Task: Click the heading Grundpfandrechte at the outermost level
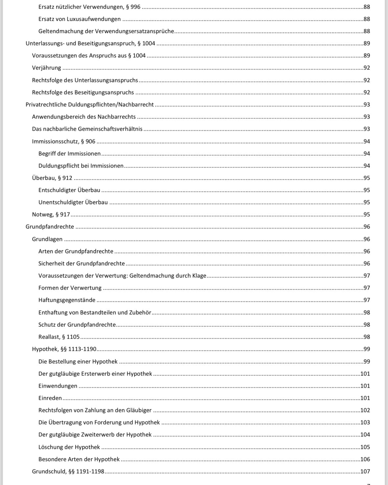(x=50, y=227)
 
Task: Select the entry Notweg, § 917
(x=51, y=215)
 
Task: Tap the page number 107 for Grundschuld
(x=365, y=472)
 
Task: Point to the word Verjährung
(x=46, y=68)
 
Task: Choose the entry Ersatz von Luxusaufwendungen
(x=79, y=19)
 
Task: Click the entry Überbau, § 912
(x=52, y=178)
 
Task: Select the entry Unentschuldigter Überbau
(x=73, y=202)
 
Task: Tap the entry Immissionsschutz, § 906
(x=64, y=141)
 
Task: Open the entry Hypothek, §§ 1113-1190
(x=64, y=349)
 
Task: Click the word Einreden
(x=50, y=398)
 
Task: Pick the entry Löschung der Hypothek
(x=69, y=447)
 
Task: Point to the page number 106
(x=365, y=459)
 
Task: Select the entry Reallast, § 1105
(x=59, y=337)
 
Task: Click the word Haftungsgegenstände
(x=67, y=300)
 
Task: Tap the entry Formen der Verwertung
(x=70, y=288)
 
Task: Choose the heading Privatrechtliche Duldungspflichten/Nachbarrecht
(x=90, y=105)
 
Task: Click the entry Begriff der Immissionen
(x=69, y=154)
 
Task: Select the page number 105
(x=365, y=447)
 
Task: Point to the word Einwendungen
(x=58, y=386)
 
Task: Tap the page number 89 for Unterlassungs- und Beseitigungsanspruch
(x=367, y=43)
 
